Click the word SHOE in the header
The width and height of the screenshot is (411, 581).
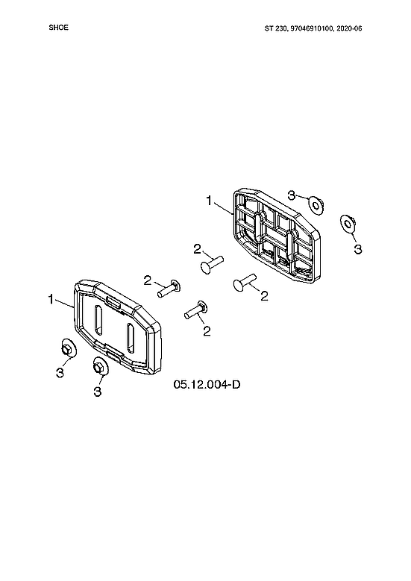(58, 28)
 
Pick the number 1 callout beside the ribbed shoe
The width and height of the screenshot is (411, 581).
(210, 200)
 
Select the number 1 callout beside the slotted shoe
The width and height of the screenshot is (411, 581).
(51, 300)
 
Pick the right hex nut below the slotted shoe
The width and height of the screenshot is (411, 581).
(98, 366)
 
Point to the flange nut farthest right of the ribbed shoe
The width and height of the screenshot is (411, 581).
(348, 223)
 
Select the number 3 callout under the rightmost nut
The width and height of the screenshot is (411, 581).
(357, 248)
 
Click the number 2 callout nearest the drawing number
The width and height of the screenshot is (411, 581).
(207, 330)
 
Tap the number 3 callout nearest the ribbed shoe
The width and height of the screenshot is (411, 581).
(292, 193)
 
